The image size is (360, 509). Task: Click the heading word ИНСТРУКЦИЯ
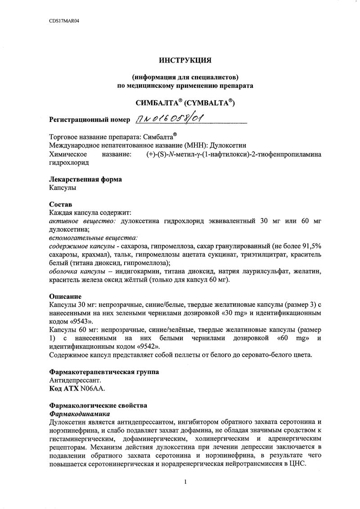click(x=185, y=59)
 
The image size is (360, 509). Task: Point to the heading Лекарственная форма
click(x=85, y=179)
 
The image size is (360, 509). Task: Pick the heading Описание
click(x=65, y=297)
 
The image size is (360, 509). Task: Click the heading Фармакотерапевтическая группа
click(x=103, y=372)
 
